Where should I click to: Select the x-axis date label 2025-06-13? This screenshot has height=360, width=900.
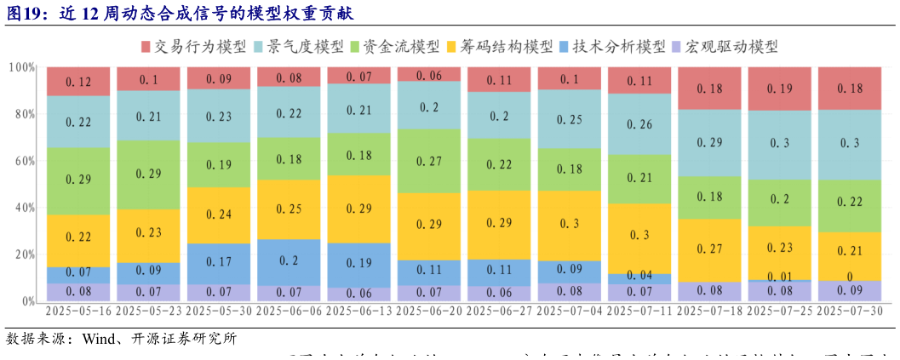[x=359, y=311]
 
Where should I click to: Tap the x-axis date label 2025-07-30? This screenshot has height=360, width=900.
[x=851, y=311]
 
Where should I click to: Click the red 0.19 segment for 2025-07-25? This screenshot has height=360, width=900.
[x=780, y=89]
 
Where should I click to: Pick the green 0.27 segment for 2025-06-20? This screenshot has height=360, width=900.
[x=429, y=161]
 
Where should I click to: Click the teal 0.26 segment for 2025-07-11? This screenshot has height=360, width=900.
[x=639, y=124]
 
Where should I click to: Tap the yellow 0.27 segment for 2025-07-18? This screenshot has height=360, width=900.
[x=710, y=250]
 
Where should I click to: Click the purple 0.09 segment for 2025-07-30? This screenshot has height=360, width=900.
[x=851, y=291]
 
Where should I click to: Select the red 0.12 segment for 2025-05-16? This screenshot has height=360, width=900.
[x=78, y=82]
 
